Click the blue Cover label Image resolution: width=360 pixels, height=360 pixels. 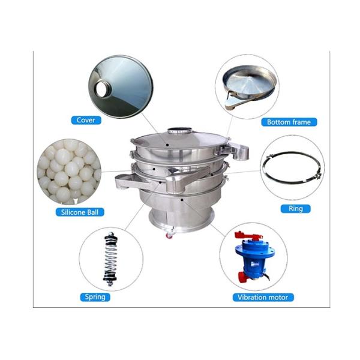86,120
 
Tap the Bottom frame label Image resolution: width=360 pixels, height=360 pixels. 289,122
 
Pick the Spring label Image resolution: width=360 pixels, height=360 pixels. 95,296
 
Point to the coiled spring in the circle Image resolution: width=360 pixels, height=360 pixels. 110,259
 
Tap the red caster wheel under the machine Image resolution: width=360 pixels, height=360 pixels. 169,235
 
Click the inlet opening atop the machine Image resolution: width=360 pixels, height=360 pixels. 178,130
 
